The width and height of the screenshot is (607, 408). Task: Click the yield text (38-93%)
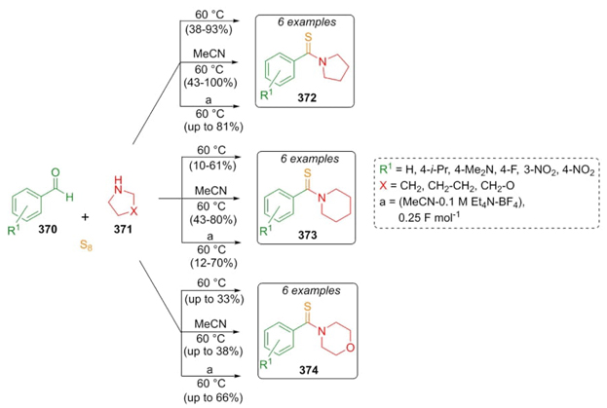pyautogui.click(x=206, y=29)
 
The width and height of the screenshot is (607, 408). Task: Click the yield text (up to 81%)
pyautogui.click(x=206, y=128)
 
